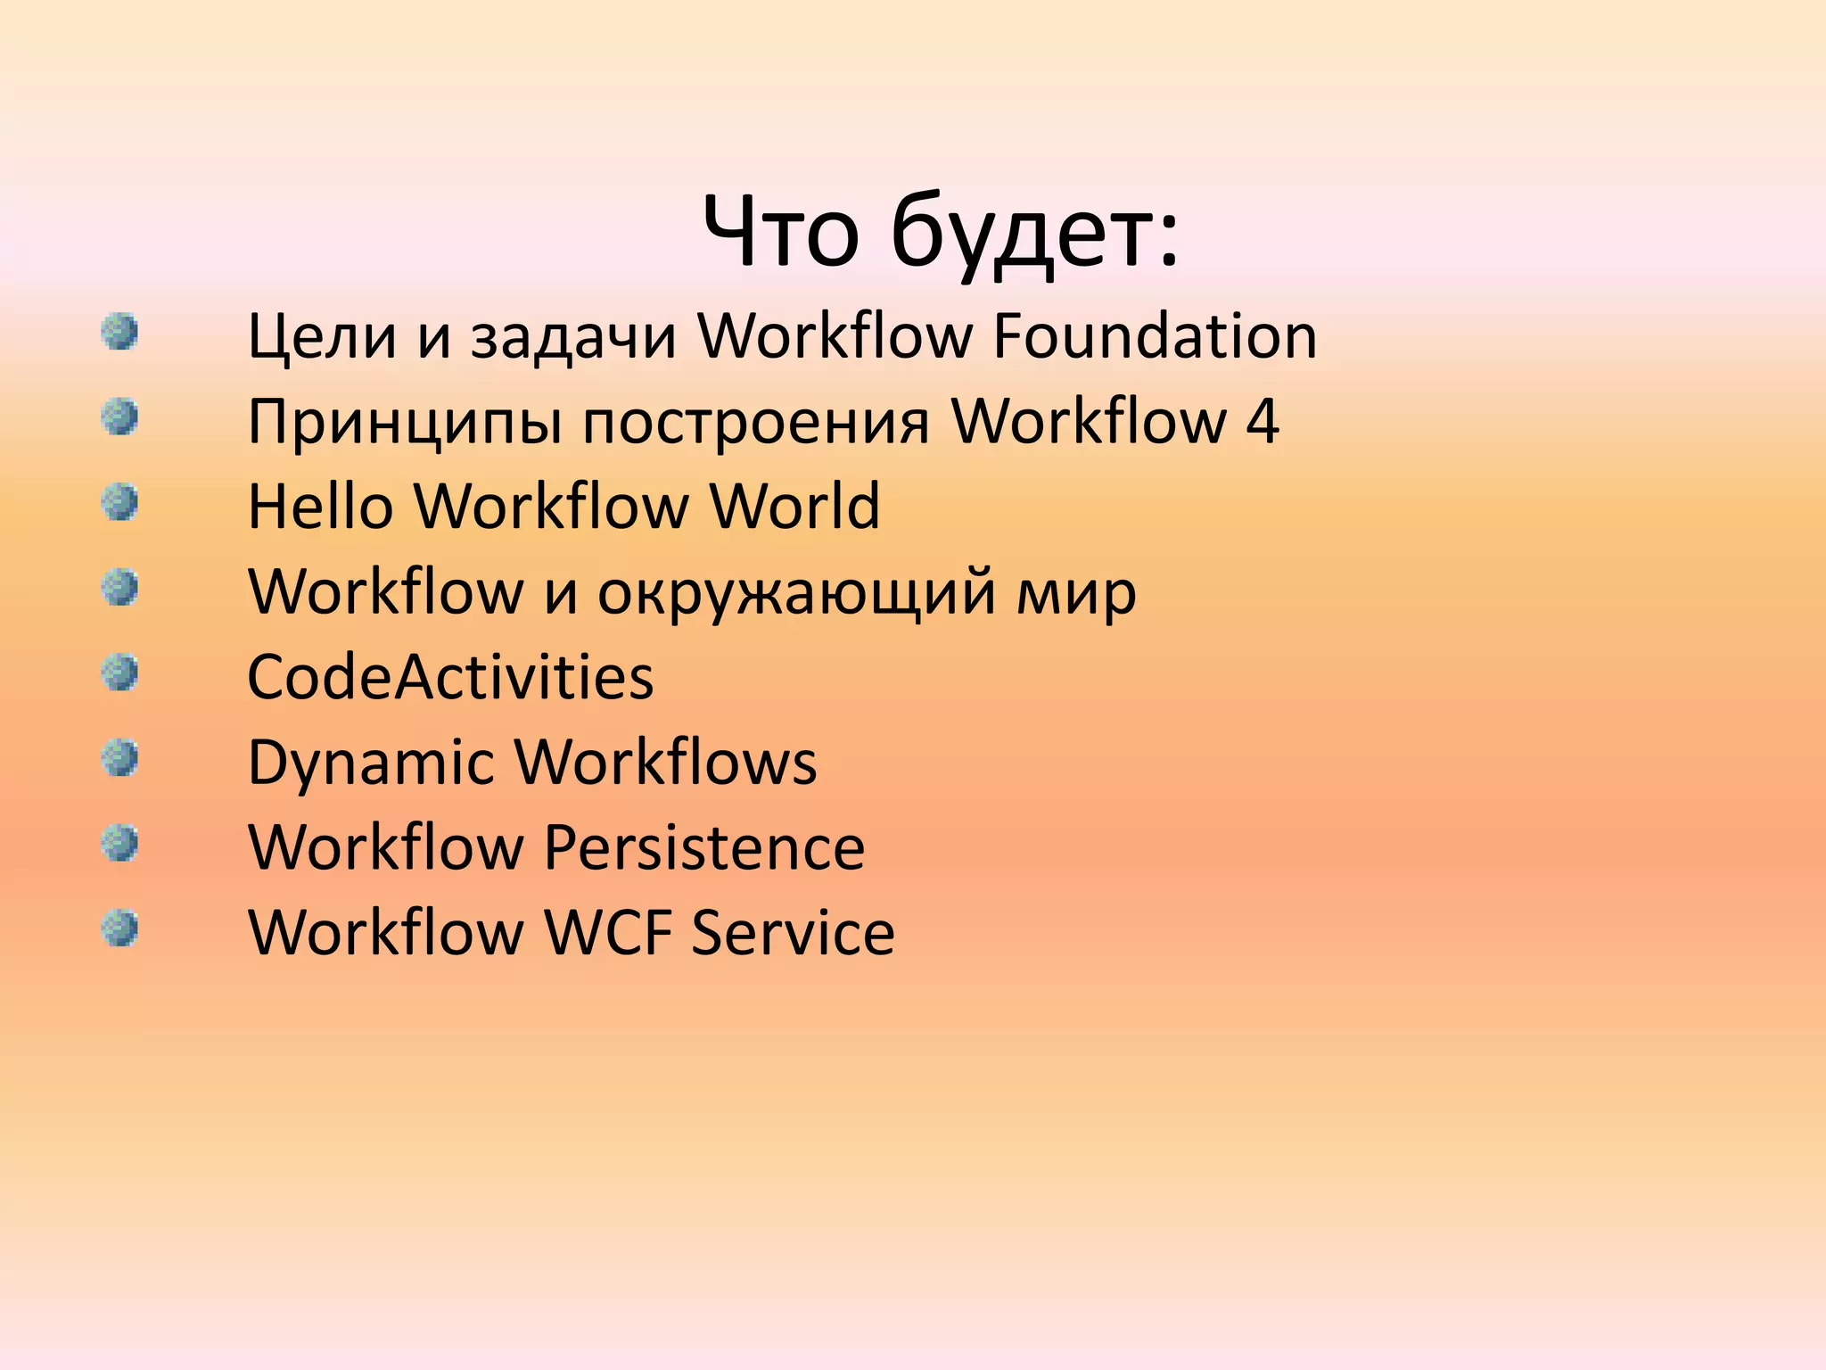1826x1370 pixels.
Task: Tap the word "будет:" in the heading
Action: pos(1034,234)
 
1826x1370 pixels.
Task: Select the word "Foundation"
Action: pos(1155,336)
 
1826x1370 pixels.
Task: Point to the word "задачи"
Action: pos(573,338)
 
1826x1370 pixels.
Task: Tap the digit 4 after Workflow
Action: pos(1263,421)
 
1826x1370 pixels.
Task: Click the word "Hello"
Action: pos(320,506)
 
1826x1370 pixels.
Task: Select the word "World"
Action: pos(794,506)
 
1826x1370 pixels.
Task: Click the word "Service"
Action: pos(793,932)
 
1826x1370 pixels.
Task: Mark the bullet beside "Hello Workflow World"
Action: pos(119,501)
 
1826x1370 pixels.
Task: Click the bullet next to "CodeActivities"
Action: pos(119,672)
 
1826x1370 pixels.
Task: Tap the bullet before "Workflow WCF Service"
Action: pos(119,928)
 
